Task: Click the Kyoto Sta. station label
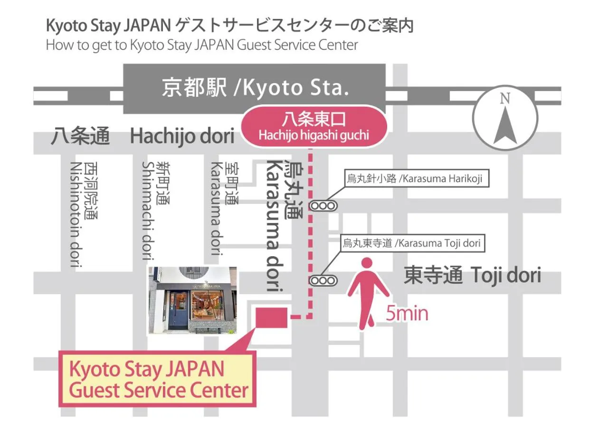point(255,89)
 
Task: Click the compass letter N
point(504,99)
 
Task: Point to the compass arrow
point(505,126)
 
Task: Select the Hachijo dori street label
point(182,137)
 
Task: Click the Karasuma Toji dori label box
point(412,244)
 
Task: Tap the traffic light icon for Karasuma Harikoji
point(323,206)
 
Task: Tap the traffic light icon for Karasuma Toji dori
point(323,280)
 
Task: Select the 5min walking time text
point(407,314)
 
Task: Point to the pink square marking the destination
point(272,317)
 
